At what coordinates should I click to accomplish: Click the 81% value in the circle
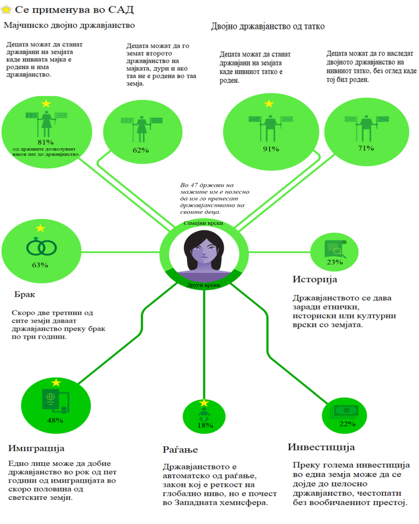coord(46,142)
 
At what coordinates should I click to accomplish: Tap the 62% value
coord(140,150)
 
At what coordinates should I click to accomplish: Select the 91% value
coord(270,149)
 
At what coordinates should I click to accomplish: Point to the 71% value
coord(366,148)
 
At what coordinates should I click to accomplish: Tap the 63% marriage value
coord(40,265)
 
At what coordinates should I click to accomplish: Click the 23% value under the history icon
coord(334,262)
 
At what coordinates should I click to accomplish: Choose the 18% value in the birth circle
coord(205,425)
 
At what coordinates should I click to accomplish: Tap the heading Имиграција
coord(36,449)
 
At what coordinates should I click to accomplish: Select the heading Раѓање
coord(180,450)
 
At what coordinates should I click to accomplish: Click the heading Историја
coord(314,279)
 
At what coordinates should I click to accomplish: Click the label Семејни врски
coord(203,223)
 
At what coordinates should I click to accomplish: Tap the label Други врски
coord(203,285)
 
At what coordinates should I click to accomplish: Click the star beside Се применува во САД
coord(7,9)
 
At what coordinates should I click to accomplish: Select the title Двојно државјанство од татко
coord(268,26)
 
